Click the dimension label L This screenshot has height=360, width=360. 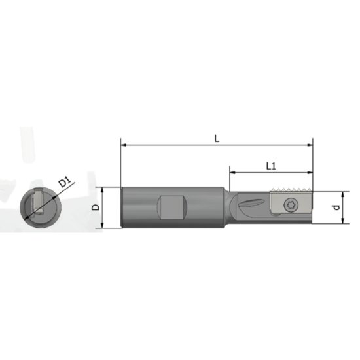[x=216, y=137]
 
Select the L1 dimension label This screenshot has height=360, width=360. [x=271, y=166]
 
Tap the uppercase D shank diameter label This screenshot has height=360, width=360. [x=96, y=207]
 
